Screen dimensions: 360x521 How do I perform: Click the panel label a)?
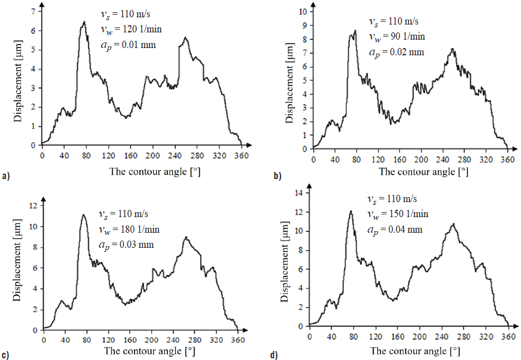6,177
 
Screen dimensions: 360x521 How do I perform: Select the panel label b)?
277,177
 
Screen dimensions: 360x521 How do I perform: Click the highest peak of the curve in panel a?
84,22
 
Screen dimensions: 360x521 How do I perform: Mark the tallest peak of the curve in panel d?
351,211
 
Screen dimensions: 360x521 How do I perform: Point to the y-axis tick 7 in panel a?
33,12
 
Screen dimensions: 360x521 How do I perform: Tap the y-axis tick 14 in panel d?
298,193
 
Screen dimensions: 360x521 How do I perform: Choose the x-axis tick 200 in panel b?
421,159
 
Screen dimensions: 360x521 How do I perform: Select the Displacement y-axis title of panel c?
17,268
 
